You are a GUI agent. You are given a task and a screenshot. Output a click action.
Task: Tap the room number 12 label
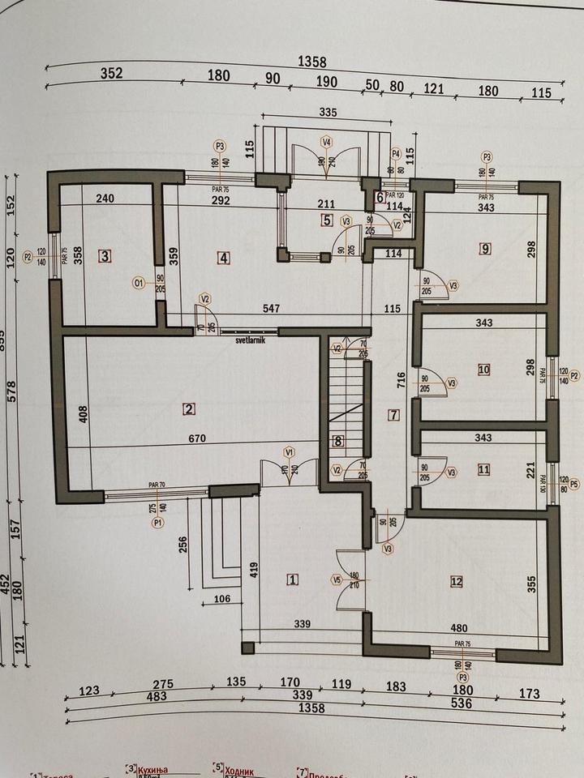457,580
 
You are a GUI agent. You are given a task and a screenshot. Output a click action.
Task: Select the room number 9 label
485,249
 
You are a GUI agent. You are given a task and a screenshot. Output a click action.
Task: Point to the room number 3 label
105,256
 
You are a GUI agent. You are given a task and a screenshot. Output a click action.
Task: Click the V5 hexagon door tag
337,579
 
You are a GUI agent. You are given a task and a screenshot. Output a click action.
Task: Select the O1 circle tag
139,283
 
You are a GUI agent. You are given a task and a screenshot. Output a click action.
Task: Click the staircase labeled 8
338,442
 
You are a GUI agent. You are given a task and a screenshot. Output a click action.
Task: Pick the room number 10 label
484,370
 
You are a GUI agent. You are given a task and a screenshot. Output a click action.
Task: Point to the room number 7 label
394,416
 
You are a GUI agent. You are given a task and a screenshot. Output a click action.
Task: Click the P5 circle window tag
575,485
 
